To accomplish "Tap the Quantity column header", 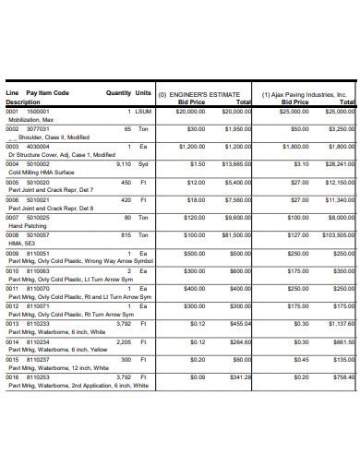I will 118,93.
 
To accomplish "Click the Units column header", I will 143,93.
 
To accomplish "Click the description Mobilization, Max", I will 32,119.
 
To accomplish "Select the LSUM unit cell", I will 143,111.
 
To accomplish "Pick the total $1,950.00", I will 237,129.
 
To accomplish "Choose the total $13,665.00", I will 235,164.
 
